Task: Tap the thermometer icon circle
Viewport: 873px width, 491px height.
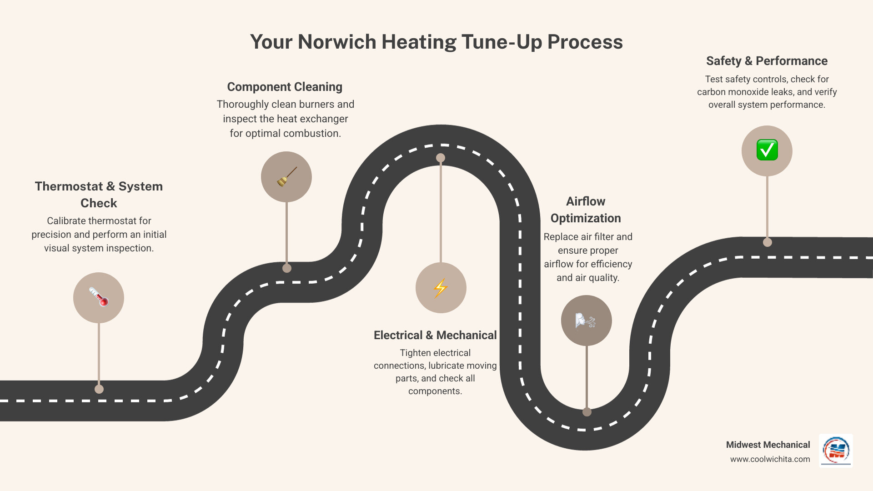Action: (99, 298)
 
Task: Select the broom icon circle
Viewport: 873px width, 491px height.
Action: (286, 177)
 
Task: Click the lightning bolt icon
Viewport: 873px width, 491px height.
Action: (441, 288)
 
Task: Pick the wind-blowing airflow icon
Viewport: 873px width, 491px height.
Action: (586, 321)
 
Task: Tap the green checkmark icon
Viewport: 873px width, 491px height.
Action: (767, 150)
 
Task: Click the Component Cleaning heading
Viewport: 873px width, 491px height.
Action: (285, 87)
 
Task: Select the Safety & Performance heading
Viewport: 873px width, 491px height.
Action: (767, 61)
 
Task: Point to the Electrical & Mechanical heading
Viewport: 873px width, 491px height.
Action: (435, 336)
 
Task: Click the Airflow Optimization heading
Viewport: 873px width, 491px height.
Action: (586, 210)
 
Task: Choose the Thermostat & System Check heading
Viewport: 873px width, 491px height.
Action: (99, 195)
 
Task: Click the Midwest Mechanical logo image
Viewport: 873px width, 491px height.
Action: (836, 451)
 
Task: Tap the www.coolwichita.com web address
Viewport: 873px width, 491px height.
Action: (770, 459)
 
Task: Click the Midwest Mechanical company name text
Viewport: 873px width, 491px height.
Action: (768, 445)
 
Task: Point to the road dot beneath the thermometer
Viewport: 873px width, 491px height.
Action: (99, 389)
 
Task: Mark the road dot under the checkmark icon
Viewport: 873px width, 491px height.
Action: (768, 242)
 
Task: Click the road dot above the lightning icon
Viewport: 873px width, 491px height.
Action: (441, 158)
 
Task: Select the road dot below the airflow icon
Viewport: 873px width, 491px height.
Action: (587, 412)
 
